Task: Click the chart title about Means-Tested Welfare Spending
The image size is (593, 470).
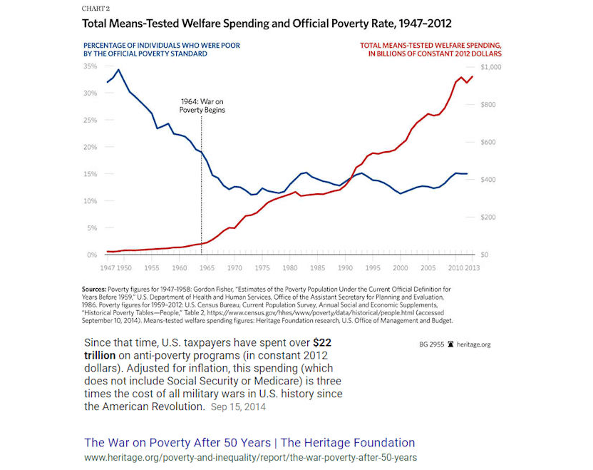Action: pyautogui.click(x=267, y=24)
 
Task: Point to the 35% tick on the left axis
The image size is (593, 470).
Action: pyautogui.click(x=91, y=66)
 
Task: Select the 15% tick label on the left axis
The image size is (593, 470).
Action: pyautogui.click(x=91, y=175)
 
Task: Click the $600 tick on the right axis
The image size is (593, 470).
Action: pyautogui.click(x=488, y=143)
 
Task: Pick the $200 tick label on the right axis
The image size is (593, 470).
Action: pyautogui.click(x=488, y=218)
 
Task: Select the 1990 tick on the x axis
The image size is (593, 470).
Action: pyautogui.click(x=345, y=267)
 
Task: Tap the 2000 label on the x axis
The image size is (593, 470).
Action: pyautogui.click(x=401, y=267)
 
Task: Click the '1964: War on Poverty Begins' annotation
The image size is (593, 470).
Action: pyautogui.click(x=202, y=106)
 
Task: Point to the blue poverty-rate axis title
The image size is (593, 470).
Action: pyautogui.click(x=162, y=49)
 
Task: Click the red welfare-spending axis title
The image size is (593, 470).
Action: pyautogui.click(x=429, y=49)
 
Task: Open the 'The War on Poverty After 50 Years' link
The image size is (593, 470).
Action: pyautogui.click(x=249, y=442)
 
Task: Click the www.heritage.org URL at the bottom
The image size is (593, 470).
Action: pyautogui.click(x=250, y=457)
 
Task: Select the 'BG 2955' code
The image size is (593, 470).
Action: pyautogui.click(x=432, y=344)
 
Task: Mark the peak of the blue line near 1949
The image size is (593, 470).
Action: pyautogui.click(x=118, y=70)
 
